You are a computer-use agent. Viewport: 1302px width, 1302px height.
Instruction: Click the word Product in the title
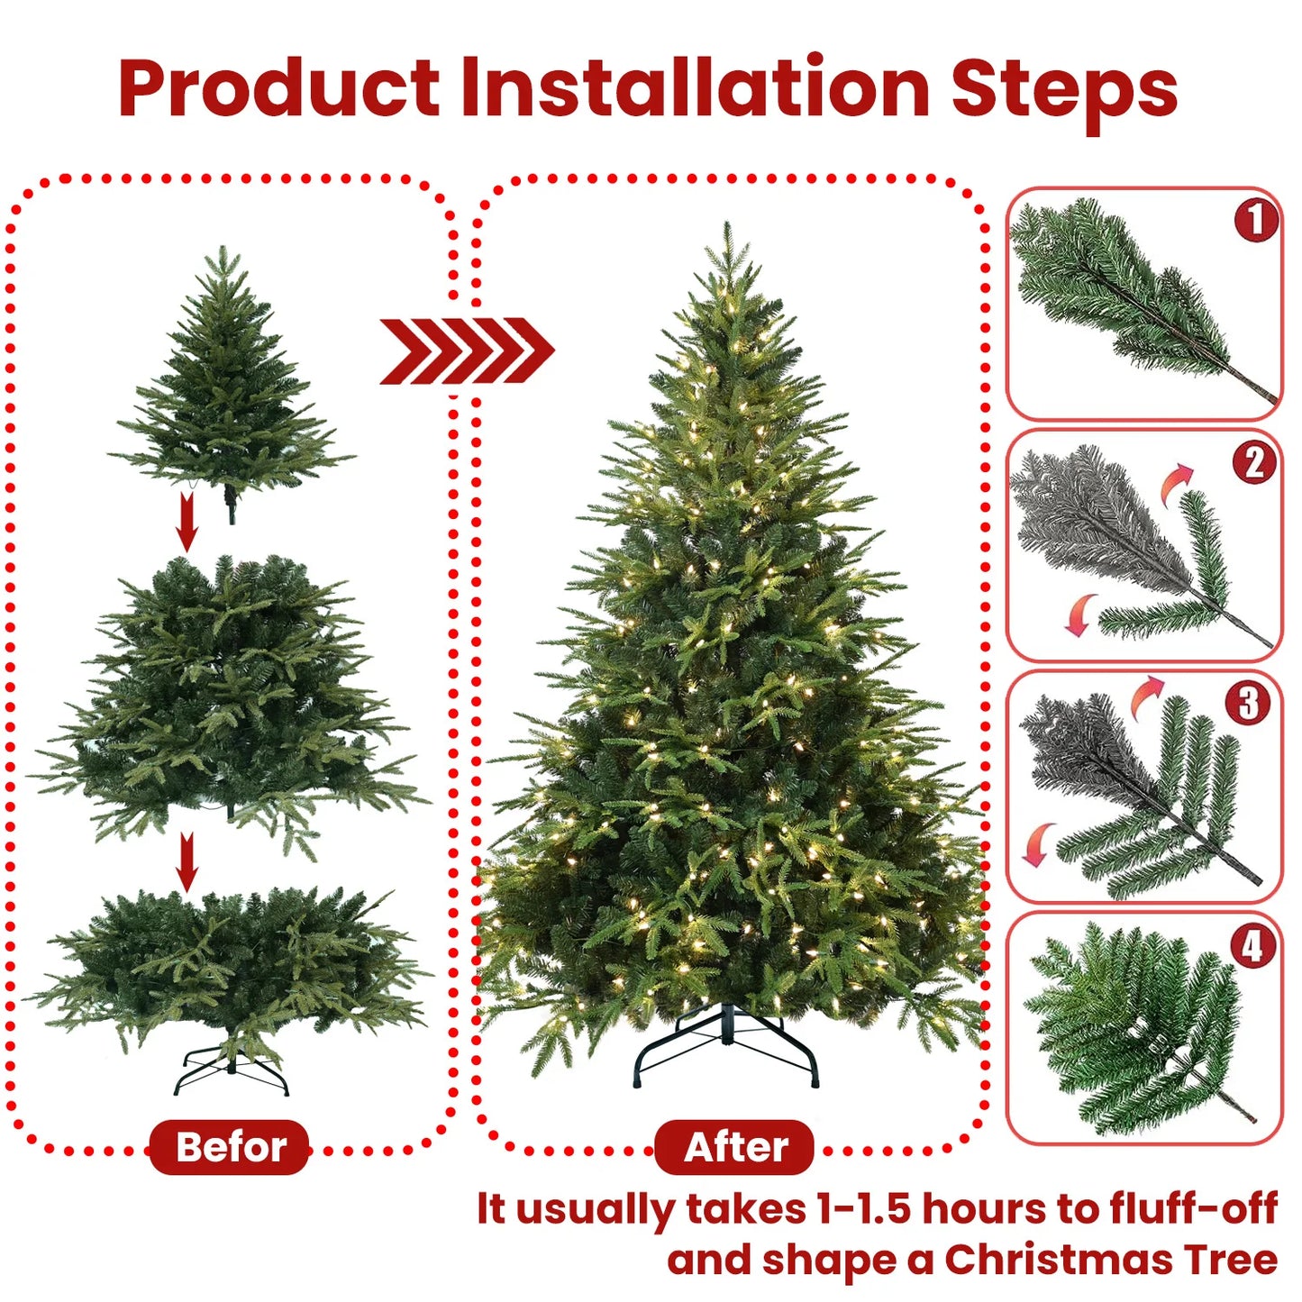278,88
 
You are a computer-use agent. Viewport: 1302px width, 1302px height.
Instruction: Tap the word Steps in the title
1064,90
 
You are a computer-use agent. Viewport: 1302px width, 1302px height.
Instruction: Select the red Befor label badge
230,1147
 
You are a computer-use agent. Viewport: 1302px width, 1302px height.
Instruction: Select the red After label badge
734,1147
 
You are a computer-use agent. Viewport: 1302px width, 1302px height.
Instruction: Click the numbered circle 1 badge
1256,220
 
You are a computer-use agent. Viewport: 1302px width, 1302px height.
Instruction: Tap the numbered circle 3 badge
1248,703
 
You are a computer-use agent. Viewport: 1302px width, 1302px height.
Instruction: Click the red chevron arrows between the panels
466,351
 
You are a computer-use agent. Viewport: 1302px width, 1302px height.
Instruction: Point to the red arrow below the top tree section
187,522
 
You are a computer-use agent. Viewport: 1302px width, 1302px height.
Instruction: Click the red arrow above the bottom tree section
187,861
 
